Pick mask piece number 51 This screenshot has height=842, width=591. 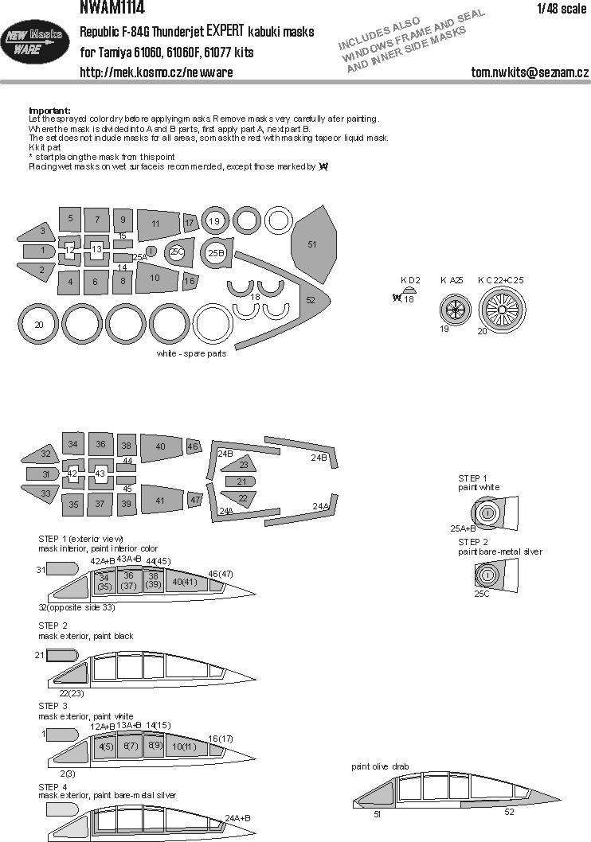click(311, 244)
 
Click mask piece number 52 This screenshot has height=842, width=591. click(310, 299)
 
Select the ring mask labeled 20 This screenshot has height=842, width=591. click(38, 325)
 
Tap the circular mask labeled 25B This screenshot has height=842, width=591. click(216, 253)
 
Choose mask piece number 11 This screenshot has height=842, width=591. click(156, 224)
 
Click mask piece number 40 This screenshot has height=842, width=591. click(161, 446)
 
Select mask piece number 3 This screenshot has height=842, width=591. click(41, 232)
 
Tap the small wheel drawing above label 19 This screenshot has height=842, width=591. click(456, 308)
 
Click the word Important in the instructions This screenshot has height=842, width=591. click(49, 110)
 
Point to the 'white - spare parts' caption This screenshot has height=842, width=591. click(191, 353)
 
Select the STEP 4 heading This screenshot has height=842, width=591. click(54, 785)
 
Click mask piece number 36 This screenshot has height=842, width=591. click(100, 444)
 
